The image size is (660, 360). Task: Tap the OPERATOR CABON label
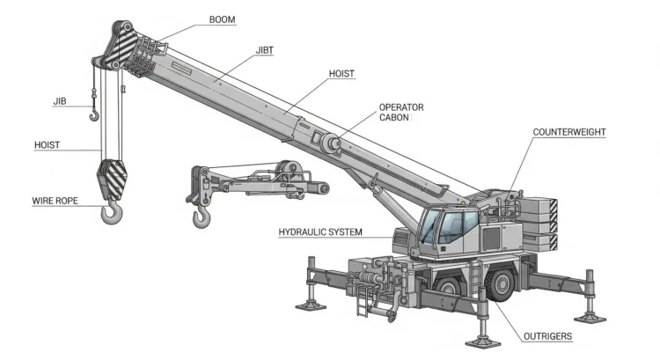pyautogui.click(x=401, y=112)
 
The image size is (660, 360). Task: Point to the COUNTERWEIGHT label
pyautogui.click(x=569, y=132)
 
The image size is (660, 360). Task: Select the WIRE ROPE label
pyautogui.click(x=55, y=201)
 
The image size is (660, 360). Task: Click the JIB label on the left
pyautogui.click(x=60, y=101)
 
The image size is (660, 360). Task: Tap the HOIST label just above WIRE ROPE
pyautogui.click(x=48, y=144)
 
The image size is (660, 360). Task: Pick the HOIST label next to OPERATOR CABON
pyautogui.click(x=342, y=74)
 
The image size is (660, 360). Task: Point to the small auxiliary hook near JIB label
pyautogui.click(x=94, y=112)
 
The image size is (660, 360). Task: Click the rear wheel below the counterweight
pyautogui.click(x=501, y=284)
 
